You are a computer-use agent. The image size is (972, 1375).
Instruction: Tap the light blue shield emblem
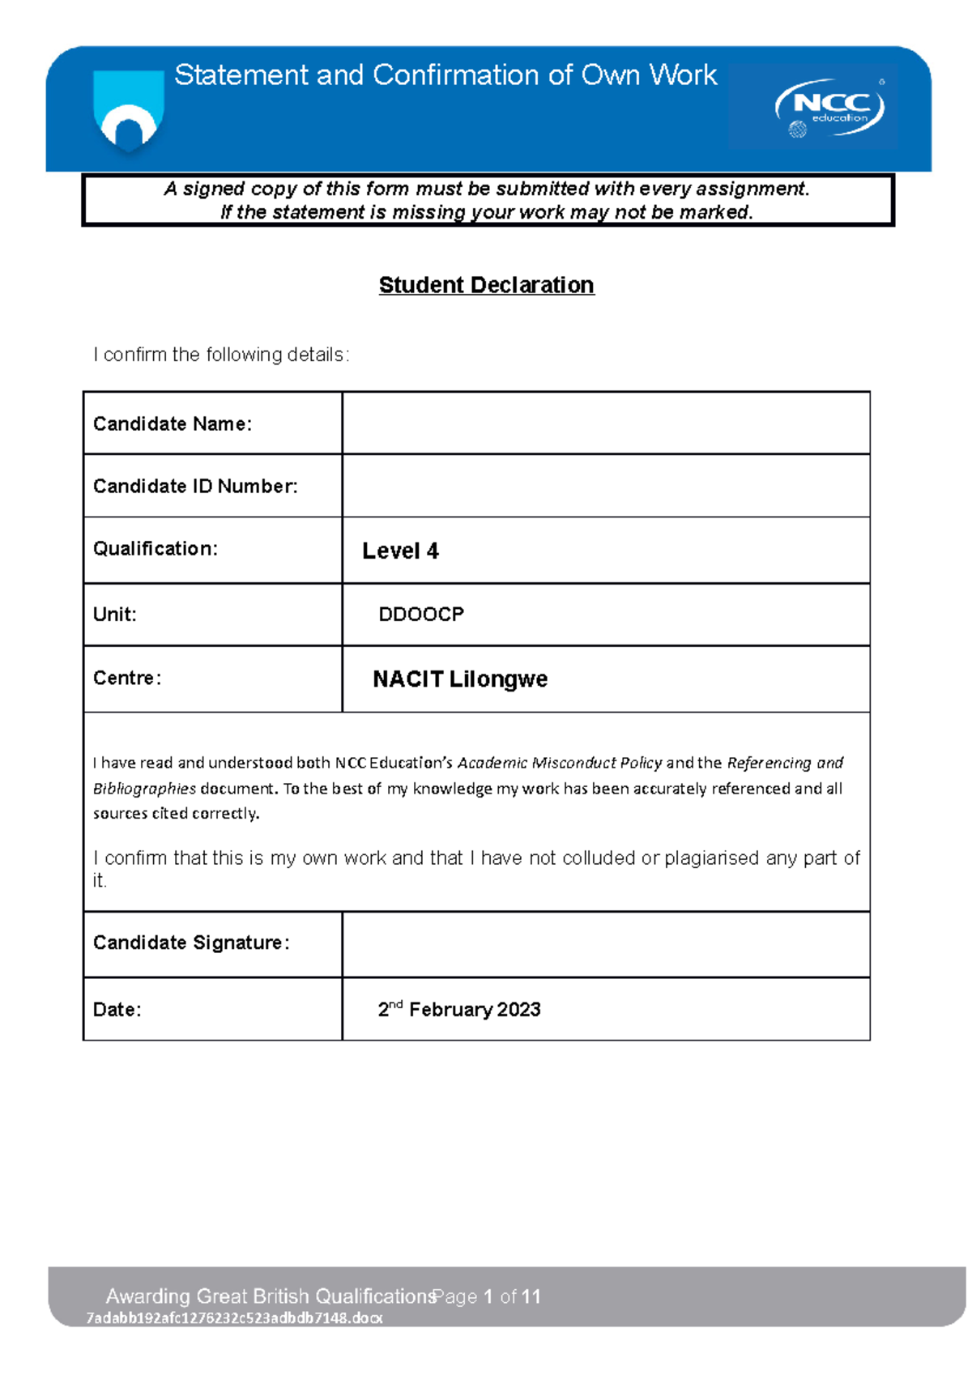click(129, 109)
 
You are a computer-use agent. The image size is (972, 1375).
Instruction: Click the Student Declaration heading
click(486, 285)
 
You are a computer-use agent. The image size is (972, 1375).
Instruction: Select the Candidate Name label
click(173, 424)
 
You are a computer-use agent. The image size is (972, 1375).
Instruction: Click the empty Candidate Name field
click(606, 424)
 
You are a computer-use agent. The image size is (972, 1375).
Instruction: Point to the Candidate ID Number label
click(195, 486)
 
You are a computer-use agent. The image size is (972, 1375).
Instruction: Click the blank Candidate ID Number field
click(606, 486)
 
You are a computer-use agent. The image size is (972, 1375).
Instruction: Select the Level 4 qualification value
click(400, 551)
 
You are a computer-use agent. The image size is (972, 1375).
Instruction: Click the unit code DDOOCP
click(421, 615)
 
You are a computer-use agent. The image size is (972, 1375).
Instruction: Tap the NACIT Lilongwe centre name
click(460, 679)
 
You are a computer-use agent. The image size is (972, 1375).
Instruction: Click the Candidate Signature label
click(191, 943)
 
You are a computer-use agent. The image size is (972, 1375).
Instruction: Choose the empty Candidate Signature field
click(606, 944)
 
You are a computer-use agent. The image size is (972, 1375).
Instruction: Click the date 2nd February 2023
click(459, 1009)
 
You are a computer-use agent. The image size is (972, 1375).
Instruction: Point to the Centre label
click(127, 678)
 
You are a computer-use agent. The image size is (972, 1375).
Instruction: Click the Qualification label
click(156, 549)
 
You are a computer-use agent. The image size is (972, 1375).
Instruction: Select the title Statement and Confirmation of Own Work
click(446, 75)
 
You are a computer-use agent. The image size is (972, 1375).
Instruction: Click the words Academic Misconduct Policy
click(560, 763)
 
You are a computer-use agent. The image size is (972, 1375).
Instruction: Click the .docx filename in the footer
click(234, 1318)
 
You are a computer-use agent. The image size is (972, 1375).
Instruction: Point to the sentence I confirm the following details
click(221, 355)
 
